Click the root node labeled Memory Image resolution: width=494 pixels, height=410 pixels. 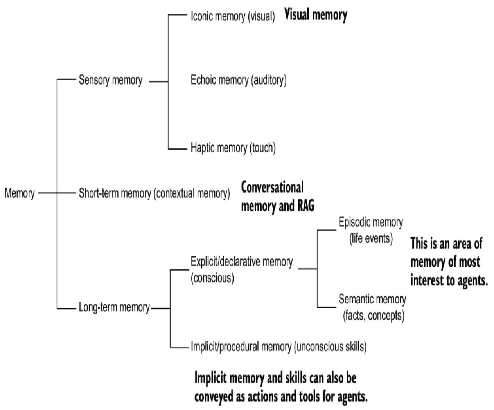point(20,193)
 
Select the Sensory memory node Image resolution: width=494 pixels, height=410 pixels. point(110,80)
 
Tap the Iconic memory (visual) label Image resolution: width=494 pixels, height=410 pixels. point(233,16)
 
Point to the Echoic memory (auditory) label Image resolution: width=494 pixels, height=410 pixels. point(239,80)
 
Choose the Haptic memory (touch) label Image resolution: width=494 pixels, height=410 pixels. point(233,148)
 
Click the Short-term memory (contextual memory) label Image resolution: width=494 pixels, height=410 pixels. point(154,193)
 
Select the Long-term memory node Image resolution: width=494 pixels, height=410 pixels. point(114,307)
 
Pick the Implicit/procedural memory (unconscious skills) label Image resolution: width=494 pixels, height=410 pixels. point(278,347)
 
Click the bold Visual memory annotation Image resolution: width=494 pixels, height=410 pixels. point(316,15)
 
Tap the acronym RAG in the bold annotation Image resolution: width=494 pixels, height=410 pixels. point(305,206)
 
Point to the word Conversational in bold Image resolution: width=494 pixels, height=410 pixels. point(272,188)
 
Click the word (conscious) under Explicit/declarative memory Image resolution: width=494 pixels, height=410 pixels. point(212,278)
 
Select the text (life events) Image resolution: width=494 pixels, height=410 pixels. point(371,238)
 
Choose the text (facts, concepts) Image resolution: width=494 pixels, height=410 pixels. point(374,316)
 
